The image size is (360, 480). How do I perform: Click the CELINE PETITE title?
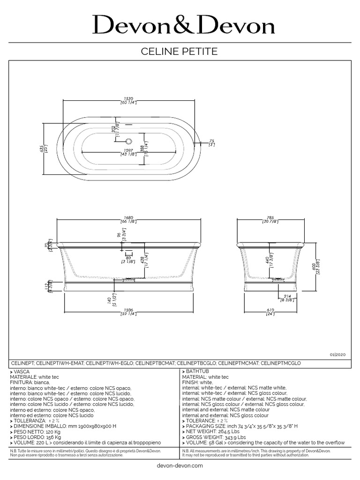pyautogui.click(x=180, y=52)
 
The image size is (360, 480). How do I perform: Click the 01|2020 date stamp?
pyautogui.click(x=337, y=356)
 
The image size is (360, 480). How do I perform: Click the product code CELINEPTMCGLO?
pyautogui.click(x=280, y=363)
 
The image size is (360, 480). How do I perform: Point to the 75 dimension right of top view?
pyautogui.click(x=211, y=141)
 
